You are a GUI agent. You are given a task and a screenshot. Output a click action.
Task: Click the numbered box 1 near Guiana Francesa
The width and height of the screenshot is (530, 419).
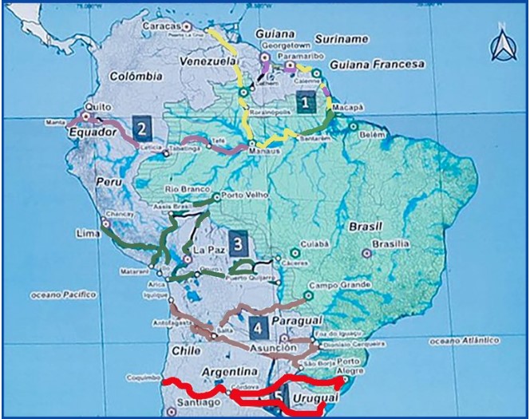303,102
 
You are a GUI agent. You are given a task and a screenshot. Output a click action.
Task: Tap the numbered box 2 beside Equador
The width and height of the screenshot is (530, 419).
141,127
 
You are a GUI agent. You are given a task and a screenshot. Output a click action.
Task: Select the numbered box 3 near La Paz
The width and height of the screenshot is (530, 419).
237,242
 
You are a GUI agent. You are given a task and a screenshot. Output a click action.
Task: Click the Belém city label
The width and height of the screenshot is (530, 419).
373,136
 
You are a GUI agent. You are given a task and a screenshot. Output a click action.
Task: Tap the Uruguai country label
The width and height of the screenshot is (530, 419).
310,397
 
